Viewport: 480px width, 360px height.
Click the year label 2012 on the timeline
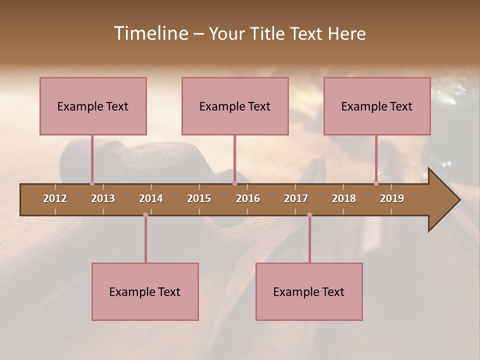[55, 198]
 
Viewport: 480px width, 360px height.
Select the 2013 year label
[103, 198]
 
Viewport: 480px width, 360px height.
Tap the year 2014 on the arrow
[151, 198]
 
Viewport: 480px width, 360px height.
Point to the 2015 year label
[199, 198]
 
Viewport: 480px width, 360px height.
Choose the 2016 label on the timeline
[248, 198]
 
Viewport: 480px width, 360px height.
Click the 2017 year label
[296, 198]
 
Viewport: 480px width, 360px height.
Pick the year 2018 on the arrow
[344, 198]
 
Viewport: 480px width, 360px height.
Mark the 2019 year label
[392, 198]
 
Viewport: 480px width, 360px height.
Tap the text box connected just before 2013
[93, 106]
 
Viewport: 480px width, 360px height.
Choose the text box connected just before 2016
[235, 106]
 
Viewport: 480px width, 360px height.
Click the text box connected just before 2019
[377, 106]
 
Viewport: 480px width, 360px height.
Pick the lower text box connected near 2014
[145, 292]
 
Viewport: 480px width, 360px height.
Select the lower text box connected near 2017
[309, 292]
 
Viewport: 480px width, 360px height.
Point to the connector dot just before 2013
[92, 183]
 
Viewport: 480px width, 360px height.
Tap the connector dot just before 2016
[234, 183]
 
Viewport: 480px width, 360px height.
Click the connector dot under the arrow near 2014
[145, 215]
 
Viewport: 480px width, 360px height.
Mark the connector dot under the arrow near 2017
[309, 215]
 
